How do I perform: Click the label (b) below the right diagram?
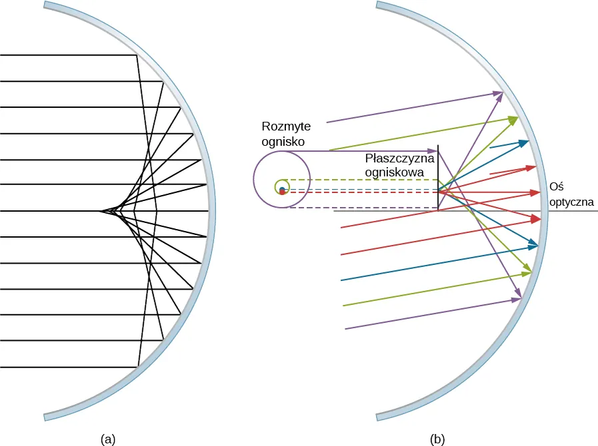(x=438, y=439)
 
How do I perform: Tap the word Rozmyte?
(x=283, y=126)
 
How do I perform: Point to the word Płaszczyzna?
(x=399, y=159)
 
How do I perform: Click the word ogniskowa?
(x=395, y=172)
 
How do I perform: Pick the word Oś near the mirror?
(x=556, y=188)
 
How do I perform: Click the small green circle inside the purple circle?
(x=280, y=187)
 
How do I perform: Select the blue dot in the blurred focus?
(x=282, y=190)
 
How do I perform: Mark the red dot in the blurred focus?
(x=283, y=193)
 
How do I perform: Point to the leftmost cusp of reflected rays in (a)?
(x=101, y=212)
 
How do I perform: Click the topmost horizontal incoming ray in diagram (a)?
(x=67, y=55)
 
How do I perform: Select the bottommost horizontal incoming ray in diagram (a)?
(x=67, y=367)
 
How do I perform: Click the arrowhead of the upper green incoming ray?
(x=514, y=119)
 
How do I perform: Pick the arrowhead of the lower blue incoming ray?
(x=533, y=247)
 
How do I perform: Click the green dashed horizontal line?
(x=360, y=180)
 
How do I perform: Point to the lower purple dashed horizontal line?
(x=360, y=208)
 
